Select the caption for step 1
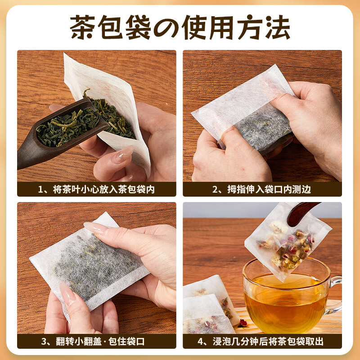point(96,189)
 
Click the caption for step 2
point(262,189)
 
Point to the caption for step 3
point(96,341)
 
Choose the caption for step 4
point(262,341)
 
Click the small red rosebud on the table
point(243,322)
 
